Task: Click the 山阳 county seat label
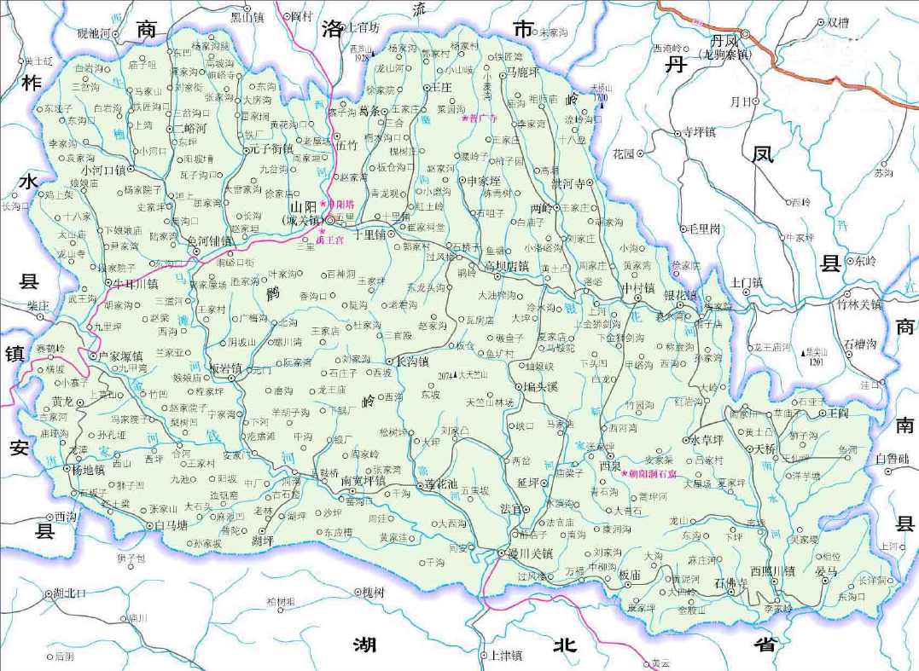point(304,207)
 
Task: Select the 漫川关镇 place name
point(532,553)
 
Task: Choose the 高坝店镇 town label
point(507,266)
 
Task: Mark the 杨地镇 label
point(88,469)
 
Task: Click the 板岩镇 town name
point(225,369)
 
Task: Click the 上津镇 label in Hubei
point(505,655)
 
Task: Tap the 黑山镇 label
point(247,16)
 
